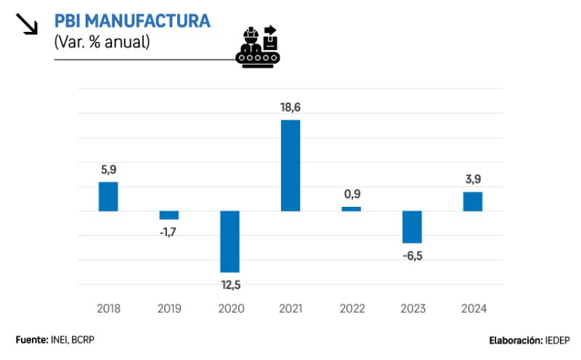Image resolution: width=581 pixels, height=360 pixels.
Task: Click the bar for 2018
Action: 108,197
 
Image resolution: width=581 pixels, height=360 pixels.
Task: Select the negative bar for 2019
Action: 169,215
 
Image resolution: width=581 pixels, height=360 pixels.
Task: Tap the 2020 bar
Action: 229,242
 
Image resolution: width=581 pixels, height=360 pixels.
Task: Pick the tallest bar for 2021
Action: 290,165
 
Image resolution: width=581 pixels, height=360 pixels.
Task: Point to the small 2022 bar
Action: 352,209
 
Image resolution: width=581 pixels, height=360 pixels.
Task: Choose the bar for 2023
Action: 412,227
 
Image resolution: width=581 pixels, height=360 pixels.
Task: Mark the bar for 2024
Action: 473,201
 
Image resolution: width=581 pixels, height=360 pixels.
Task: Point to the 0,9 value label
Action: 352,195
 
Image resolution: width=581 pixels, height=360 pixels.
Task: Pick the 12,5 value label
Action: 229,285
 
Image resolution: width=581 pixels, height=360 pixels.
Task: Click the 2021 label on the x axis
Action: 290,308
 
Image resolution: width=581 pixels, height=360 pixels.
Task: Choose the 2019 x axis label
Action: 169,308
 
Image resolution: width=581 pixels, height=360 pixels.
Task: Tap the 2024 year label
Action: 473,308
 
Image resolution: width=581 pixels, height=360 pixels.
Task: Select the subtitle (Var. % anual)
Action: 102,42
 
